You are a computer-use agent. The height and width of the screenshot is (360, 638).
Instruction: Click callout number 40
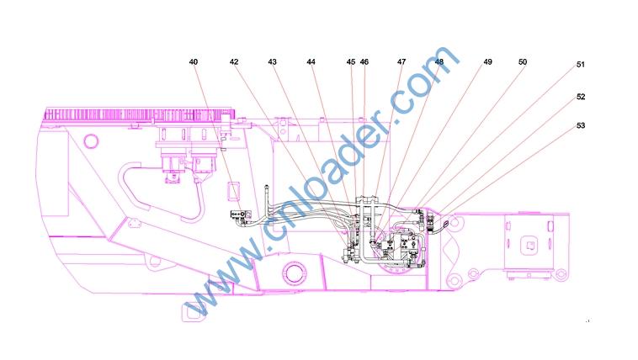point(194,62)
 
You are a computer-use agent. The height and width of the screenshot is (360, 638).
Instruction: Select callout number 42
point(233,62)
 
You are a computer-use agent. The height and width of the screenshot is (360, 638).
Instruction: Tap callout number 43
point(272,62)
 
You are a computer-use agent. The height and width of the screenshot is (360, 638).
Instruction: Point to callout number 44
point(311,62)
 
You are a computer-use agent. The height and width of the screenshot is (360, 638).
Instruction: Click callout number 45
point(351,62)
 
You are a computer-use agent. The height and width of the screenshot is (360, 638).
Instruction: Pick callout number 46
point(364,62)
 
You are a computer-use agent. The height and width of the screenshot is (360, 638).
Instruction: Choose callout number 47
point(401,62)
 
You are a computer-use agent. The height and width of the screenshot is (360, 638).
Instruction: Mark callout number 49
point(487,62)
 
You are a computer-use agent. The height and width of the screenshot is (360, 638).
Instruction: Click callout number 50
point(523,62)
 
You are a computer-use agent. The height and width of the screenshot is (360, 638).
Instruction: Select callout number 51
point(581,64)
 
